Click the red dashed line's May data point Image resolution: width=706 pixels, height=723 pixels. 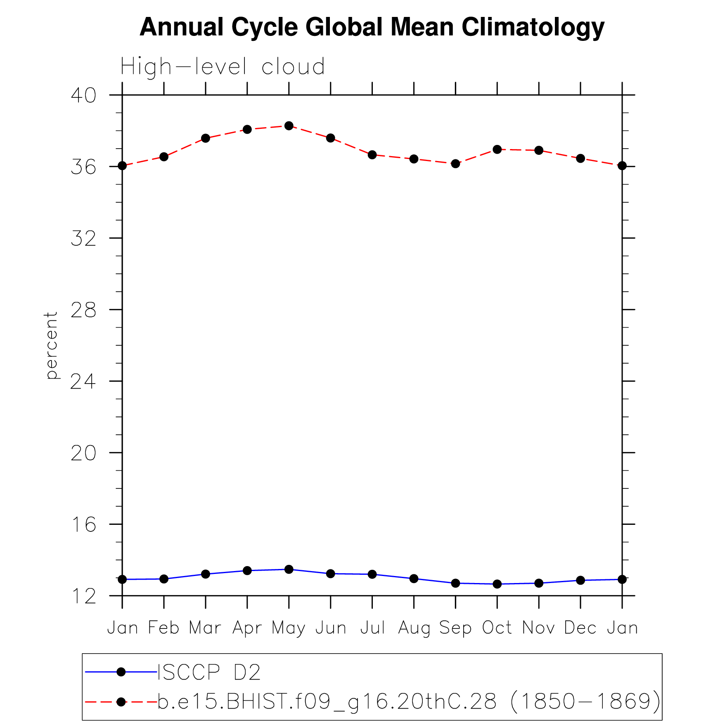pos(289,126)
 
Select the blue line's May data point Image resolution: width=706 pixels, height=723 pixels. pos(289,569)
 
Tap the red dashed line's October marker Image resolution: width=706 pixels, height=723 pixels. pos(497,149)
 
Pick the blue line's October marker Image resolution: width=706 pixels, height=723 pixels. pos(497,584)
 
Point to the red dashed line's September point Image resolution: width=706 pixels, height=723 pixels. pos(455,164)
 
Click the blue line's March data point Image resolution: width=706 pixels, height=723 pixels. pos(206,574)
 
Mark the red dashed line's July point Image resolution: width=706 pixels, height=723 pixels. pos(372,155)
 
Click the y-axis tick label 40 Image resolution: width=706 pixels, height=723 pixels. pos(83,95)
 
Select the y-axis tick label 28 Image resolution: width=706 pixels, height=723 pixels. pos(83,310)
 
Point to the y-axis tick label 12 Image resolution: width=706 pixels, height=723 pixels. pos(83,596)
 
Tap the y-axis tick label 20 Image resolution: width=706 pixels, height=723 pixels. pos(83,453)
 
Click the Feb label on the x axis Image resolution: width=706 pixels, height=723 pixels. pos(163,628)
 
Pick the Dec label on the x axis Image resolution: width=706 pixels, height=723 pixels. pos(580,628)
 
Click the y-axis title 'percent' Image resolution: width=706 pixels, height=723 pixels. pos(51,345)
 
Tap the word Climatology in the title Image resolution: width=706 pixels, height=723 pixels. pos(533,28)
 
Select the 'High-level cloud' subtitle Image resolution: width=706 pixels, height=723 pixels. pos(223,67)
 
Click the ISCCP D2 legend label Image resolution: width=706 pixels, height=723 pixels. pos(209,672)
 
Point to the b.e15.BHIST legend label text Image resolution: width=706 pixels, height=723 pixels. pos(409,701)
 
